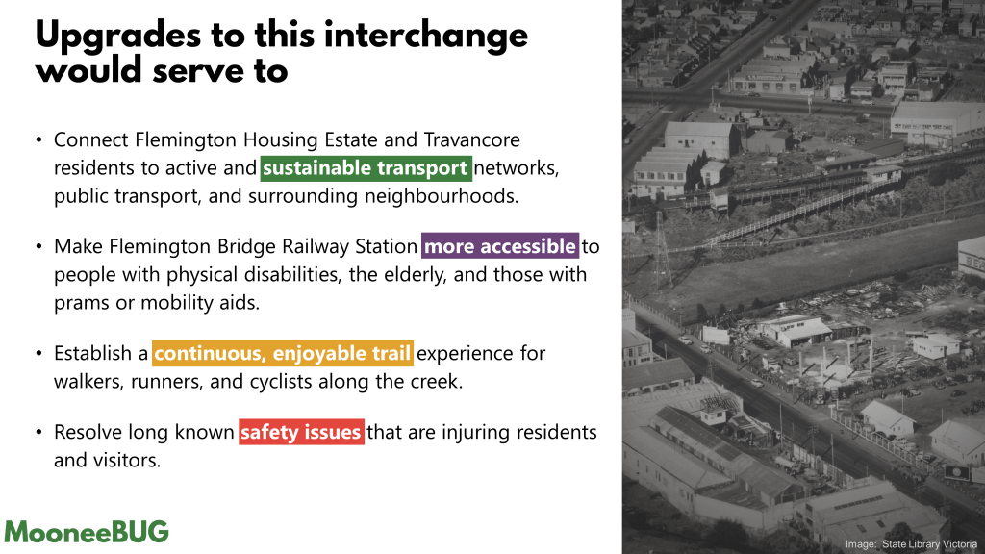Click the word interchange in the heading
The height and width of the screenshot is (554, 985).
point(426,35)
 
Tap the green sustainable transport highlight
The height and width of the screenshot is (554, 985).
point(366,168)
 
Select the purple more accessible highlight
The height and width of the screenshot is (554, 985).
point(500,246)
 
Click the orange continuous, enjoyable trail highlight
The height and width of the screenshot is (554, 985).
point(283,353)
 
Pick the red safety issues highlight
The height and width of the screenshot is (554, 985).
point(301,432)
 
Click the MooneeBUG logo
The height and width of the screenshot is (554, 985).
point(87,532)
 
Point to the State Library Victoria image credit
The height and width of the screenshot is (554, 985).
point(911,544)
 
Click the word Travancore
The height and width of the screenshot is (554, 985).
point(471,139)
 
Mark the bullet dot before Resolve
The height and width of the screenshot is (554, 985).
point(38,433)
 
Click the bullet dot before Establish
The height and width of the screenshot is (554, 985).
point(38,354)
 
